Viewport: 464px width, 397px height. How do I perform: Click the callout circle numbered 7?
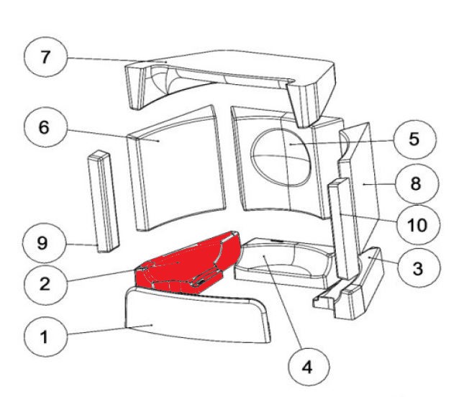(45, 58)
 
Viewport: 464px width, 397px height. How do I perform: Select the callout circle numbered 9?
(43, 243)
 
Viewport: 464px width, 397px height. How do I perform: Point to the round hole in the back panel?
(282, 152)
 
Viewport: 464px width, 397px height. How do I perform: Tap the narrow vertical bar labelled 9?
(101, 201)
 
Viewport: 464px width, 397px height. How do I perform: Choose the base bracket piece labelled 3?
(360, 288)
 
